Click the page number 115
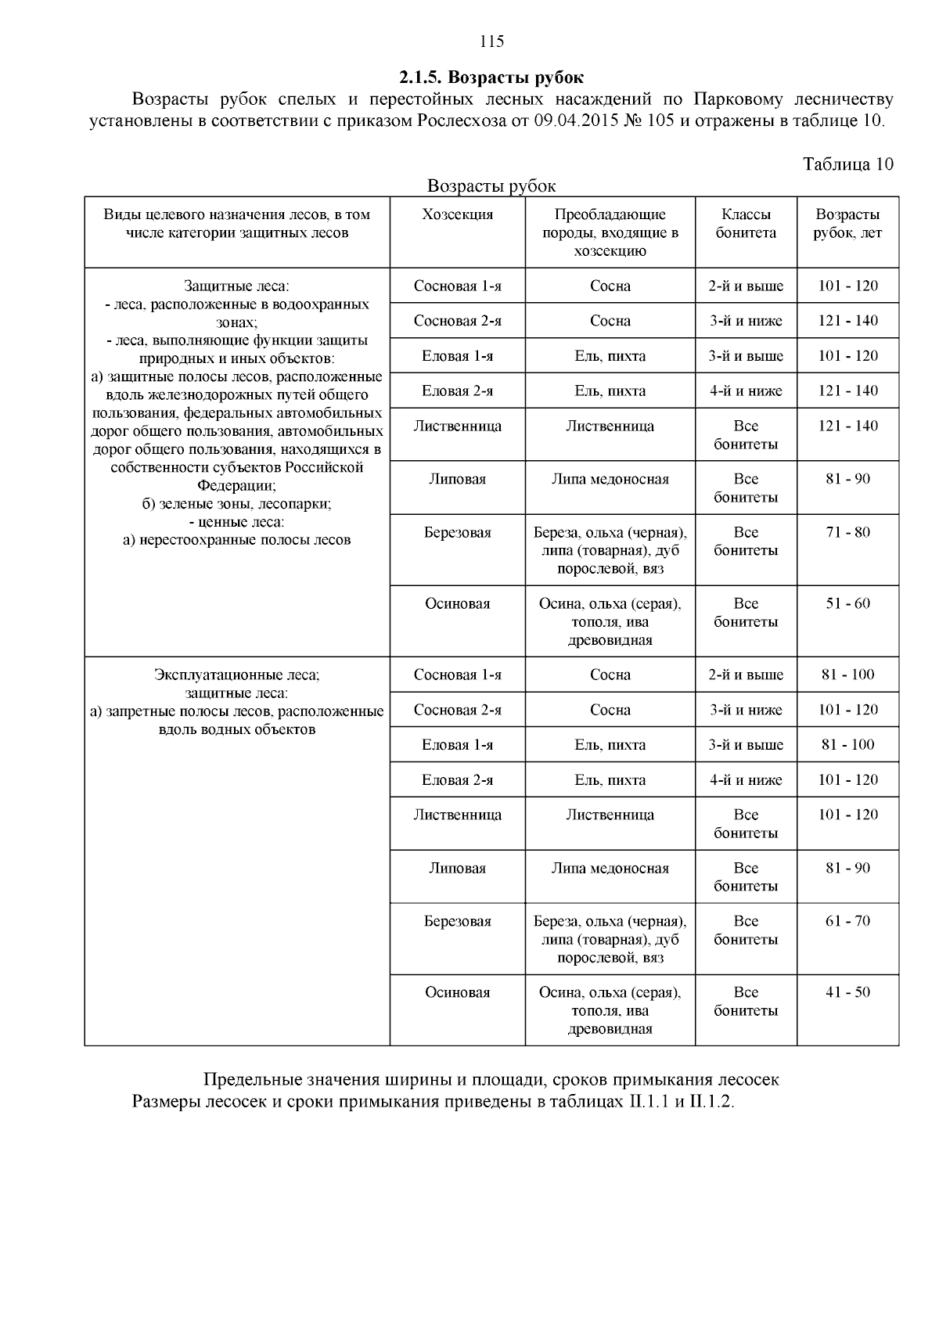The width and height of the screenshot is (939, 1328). tap(491, 42)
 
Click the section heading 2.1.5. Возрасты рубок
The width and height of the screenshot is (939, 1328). tap(491, 77)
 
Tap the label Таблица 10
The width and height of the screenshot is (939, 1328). tap(847, 164)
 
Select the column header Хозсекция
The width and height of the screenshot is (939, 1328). tap(457, 214)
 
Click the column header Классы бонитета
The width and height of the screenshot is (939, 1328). tap(746, 224)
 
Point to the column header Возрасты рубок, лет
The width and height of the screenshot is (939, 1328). tap(847, 224)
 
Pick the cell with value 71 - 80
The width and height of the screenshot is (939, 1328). tap(847, 533)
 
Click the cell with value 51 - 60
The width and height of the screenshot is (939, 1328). tap(847, 604)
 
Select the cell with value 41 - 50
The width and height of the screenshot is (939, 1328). tap(847, 992)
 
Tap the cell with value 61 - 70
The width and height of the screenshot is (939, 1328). tap(847, 921)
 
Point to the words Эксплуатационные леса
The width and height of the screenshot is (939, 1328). tap(236, 675)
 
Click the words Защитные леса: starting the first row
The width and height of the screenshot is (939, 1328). tap(236, 286)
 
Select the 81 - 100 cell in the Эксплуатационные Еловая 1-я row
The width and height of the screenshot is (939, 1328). tap(847, 745)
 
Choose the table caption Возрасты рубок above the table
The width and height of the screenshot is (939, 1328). tap(491, 186)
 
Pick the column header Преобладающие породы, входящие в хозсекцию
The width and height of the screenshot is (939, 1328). tap(610, 232)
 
